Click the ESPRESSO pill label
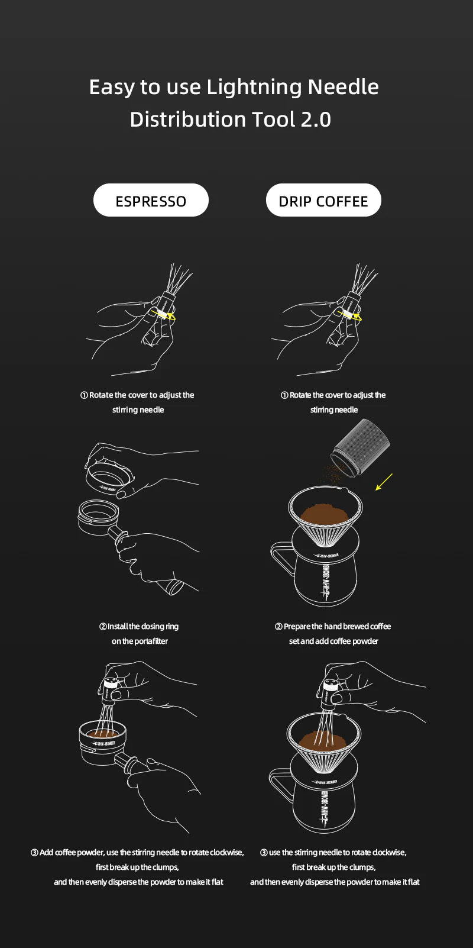pos(151,200)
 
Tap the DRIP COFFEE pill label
pos(323,200)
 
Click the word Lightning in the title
pos(254,88)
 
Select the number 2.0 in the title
pos(316,120)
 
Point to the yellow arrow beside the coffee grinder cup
pos(384,482)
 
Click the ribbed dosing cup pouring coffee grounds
pos(360,448)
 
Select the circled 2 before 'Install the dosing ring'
pos(103,626)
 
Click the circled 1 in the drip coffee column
pos(284,395)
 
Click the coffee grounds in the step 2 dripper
pos(325,512)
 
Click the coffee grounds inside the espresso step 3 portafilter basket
pos(102,733)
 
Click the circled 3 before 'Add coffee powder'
pos(34,852)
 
